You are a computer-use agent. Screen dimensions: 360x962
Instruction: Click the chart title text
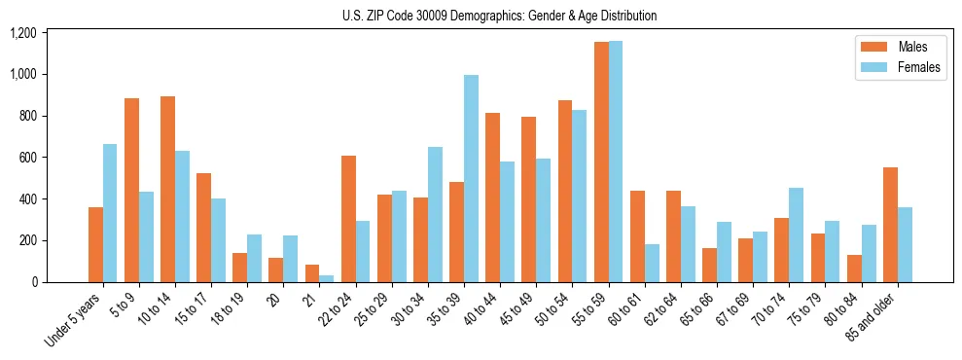(x=499, y=16)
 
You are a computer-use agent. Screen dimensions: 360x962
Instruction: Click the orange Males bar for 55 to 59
(x=601, y=162)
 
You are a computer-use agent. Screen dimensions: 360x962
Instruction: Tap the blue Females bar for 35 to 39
(x=471, y=179)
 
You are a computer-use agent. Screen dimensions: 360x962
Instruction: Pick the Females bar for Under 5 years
(x=110, y=213)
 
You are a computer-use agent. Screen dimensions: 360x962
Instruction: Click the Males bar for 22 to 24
(x=348, y=219)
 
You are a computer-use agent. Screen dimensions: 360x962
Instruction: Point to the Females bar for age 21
(x=327, y=278)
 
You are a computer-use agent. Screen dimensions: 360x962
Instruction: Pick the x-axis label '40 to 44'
(x=481, y=310)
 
